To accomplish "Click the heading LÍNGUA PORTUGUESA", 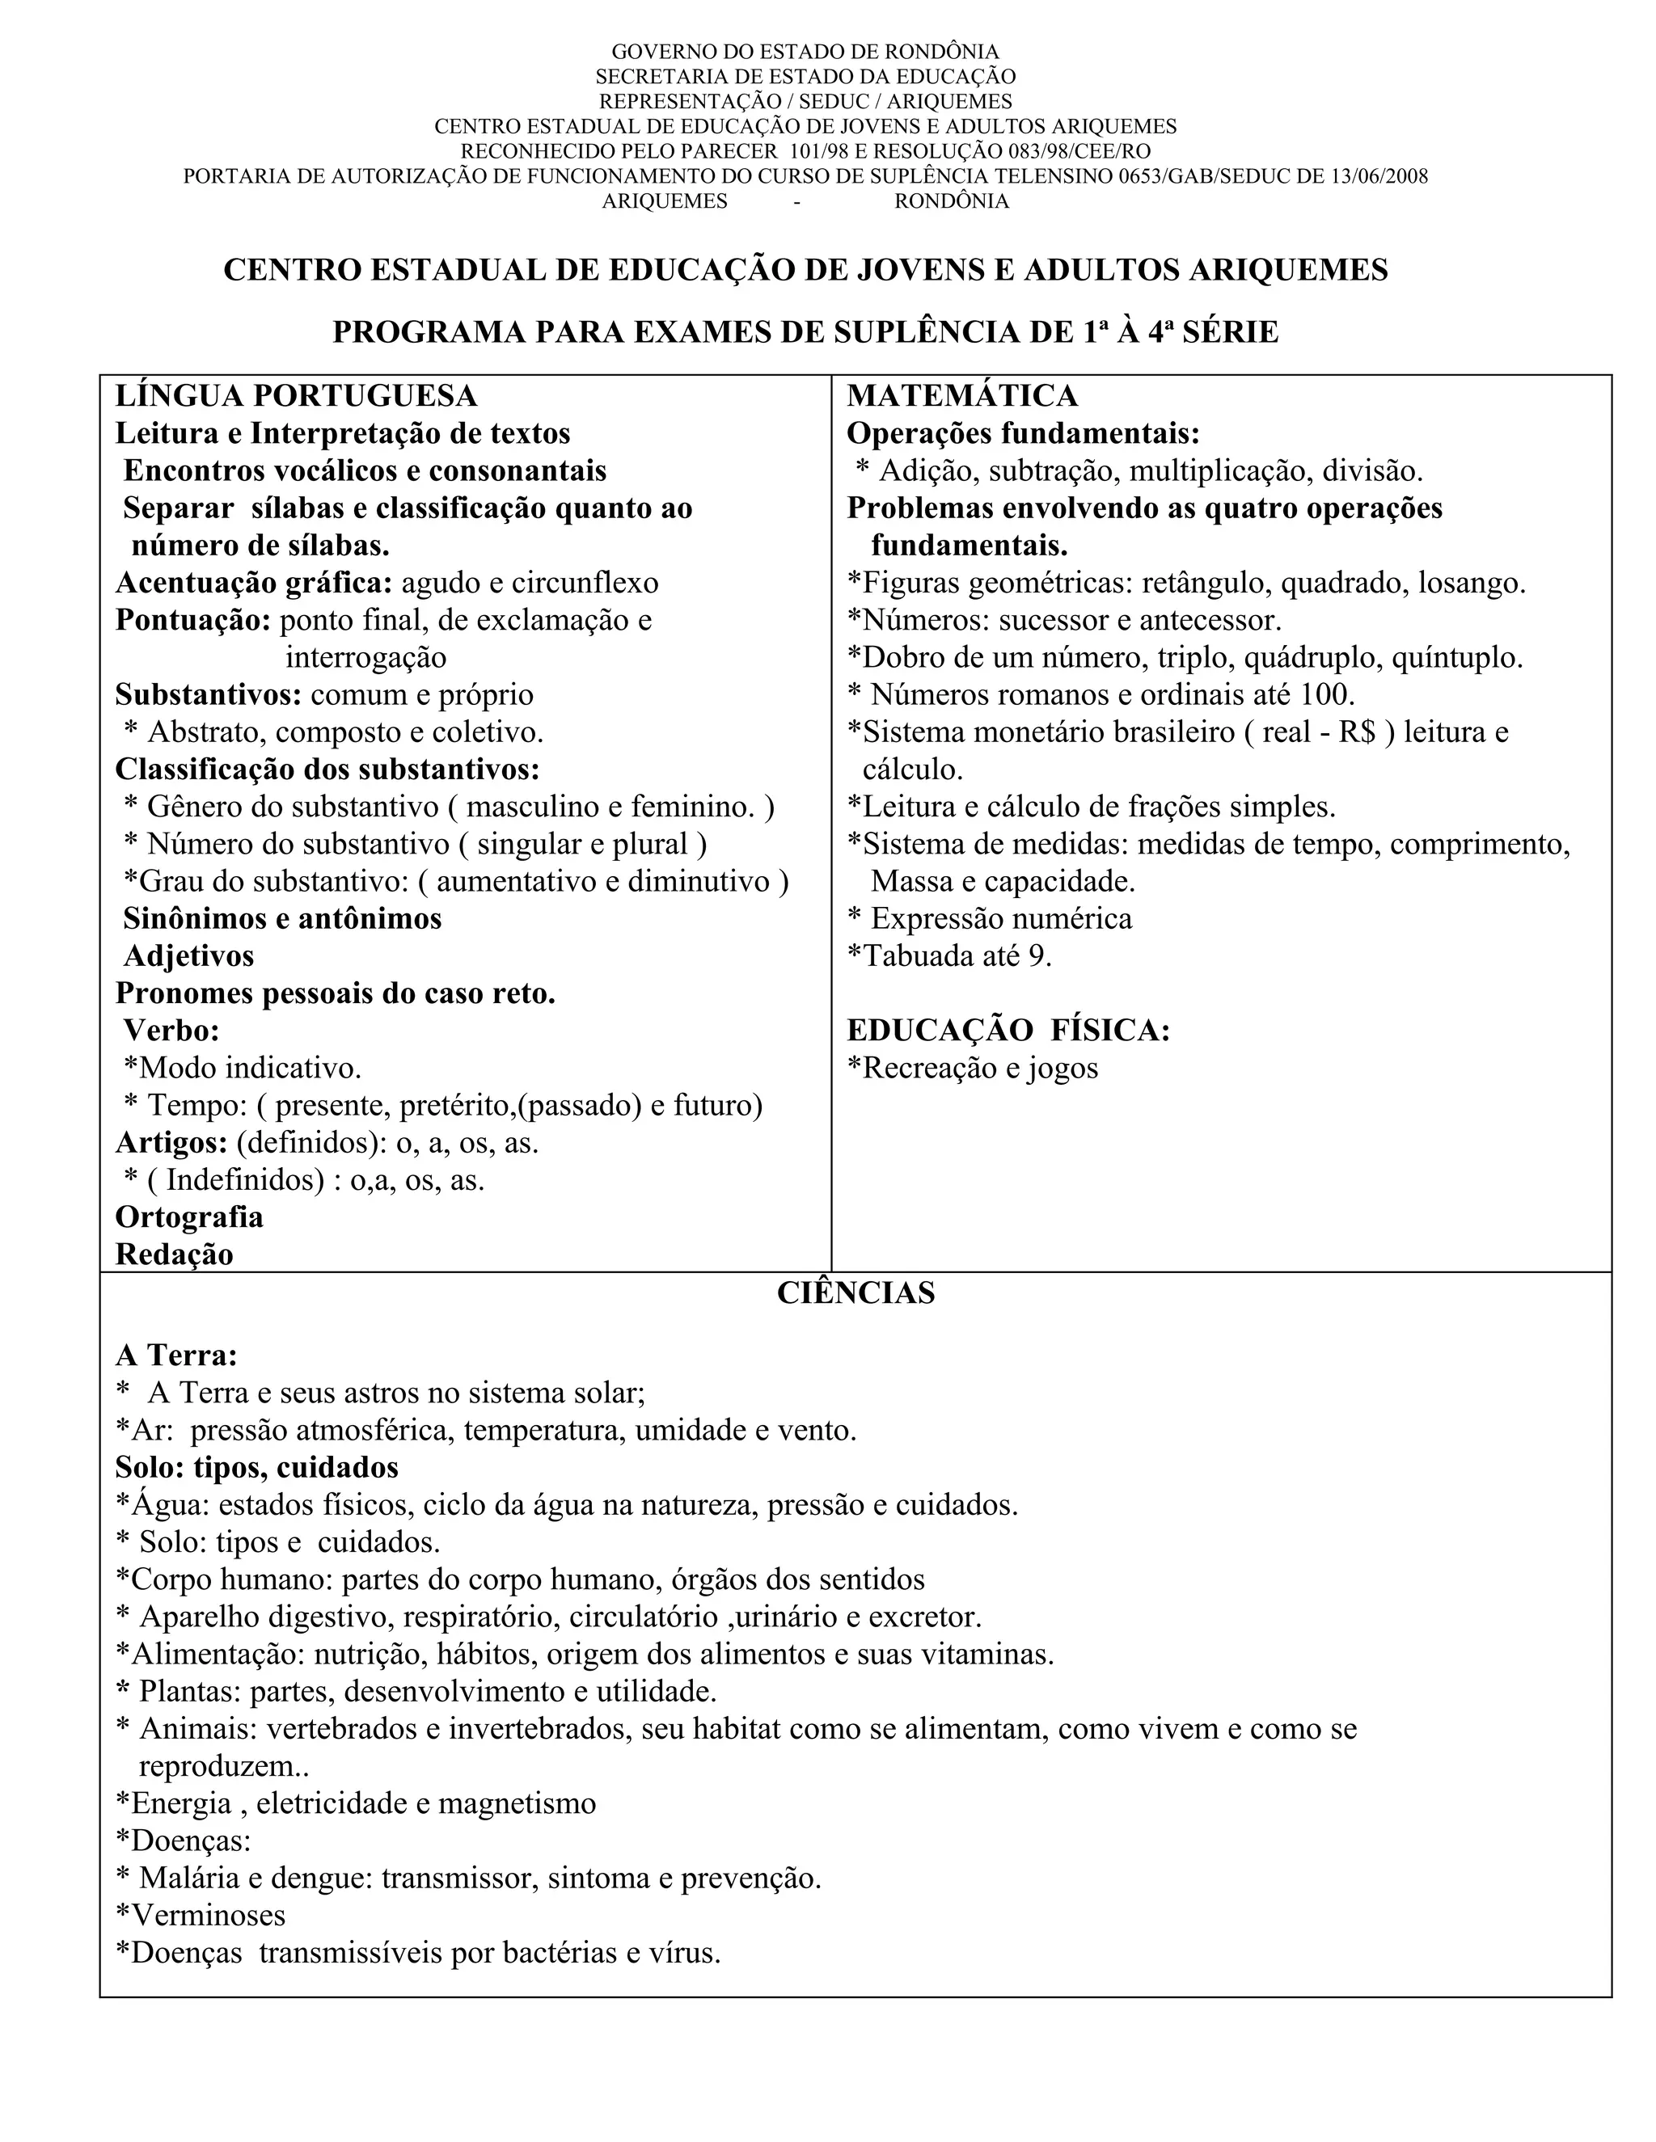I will click(296, 396).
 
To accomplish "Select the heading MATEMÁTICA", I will click(961, 396).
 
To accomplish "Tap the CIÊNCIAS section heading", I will click(855, 1292).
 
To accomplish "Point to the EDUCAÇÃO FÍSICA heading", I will click(1008, 1031).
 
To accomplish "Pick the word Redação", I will click(175, 1254).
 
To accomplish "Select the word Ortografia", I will click(189, 1217).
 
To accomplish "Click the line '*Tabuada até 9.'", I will click(948, 956).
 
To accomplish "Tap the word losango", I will click(1472, 584).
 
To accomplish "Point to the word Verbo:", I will click(171, 1031).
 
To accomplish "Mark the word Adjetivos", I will click(188, 956).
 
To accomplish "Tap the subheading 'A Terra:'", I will click(176, 1356).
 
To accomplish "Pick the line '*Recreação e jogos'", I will click(972, 1068).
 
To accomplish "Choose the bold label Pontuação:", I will click(193, 621).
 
